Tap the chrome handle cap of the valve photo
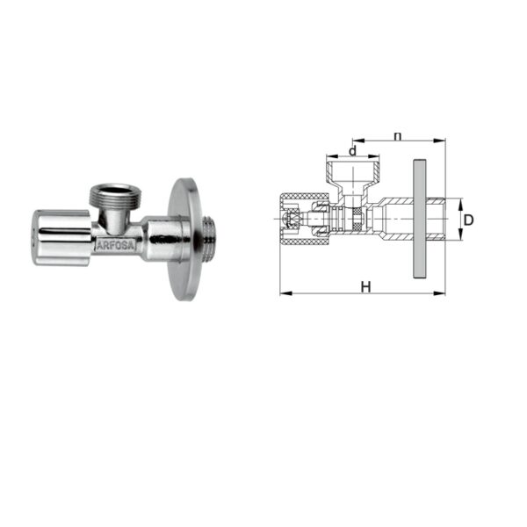click(x=61, y=238)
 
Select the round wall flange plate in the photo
click(x=184, y=239)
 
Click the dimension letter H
click(x=365, y=287)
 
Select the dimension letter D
click(x=468, y=220)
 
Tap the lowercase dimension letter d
click(x=352, y=151)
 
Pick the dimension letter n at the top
click(x=398, y=136)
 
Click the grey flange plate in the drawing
click(x=420, y=219)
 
